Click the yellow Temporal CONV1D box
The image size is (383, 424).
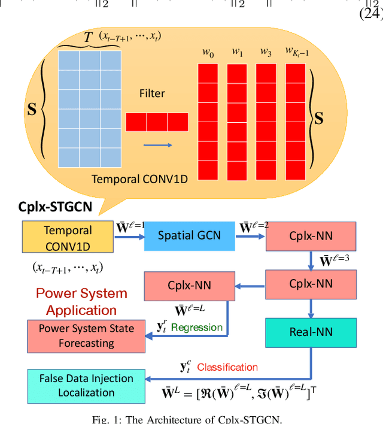coord(68,237)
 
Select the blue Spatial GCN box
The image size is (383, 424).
coord(189,235)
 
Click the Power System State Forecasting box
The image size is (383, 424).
coord(87,336)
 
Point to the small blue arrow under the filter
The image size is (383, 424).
coord(157,145)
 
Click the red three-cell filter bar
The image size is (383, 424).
coord(157,122)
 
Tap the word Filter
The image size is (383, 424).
coord(152,94)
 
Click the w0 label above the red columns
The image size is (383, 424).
coord(208,54)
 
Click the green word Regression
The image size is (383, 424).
coord(197,328)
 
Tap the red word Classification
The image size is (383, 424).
coord(227,367)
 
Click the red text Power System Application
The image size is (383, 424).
coord(81,302)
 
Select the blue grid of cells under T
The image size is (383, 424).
coord(89,108)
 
